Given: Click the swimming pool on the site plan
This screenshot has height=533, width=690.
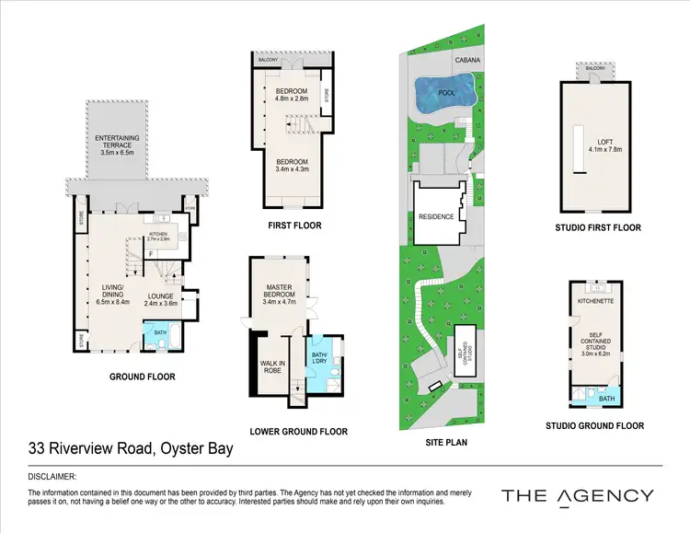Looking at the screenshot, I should click(x=444, y=93).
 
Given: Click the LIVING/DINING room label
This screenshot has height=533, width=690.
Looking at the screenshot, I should click(x=106, y=294).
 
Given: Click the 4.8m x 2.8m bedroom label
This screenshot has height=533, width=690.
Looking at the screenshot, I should click(x=293, y=95).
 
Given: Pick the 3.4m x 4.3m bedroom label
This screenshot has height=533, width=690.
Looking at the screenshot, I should click(x=293, y=164).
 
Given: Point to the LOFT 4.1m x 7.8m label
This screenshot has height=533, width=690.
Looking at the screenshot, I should click(x=604, y=145).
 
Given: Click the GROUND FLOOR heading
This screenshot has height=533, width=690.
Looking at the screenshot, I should click(x=142, y=377).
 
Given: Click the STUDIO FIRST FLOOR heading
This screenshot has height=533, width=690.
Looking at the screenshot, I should click(x=598, y=227).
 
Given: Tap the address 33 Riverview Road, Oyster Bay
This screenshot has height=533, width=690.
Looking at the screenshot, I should click(x=130, y=449).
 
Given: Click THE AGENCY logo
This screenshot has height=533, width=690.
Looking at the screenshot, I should click(x=577, y=496).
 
